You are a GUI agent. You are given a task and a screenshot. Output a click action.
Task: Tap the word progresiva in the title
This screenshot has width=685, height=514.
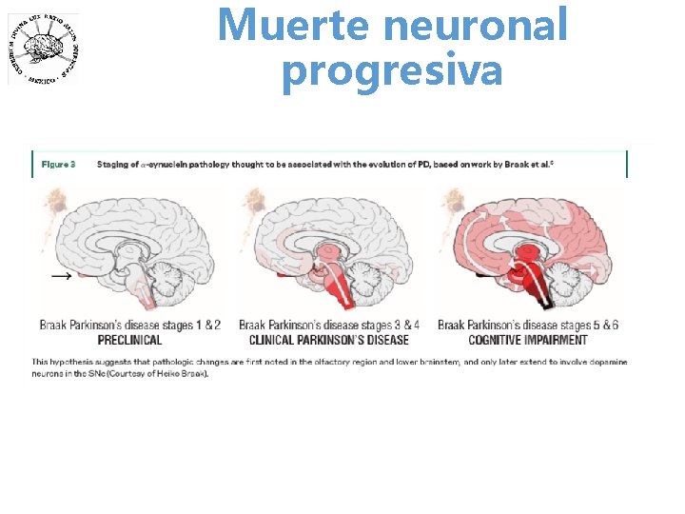(392, 70)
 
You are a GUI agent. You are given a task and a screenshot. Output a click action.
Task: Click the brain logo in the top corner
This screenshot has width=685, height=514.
(45, 49)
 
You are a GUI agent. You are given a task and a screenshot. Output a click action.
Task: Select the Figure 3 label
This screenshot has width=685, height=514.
(59, 165)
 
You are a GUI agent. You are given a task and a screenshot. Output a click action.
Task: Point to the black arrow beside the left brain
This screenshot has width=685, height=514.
(62, 275)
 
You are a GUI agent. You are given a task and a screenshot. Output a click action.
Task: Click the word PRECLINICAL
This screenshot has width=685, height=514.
(129, 340)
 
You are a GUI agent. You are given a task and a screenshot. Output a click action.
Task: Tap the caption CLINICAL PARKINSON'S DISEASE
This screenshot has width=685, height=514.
(328, 340)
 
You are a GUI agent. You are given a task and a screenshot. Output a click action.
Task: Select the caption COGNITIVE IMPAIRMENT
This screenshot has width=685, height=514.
(527, 340)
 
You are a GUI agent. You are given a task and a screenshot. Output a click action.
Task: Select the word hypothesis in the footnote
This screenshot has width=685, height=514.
(77, 362)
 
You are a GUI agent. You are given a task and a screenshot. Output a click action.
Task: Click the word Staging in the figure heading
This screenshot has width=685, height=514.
(115, 165)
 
